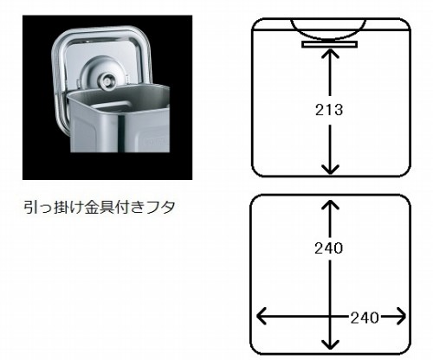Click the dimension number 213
pos(329,110)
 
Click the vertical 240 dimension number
pos(329,248)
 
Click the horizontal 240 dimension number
pos(365,318)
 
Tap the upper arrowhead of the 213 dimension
pos(330,54)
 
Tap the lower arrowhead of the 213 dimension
pos(330,169)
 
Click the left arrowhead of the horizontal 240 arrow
pos(262,316)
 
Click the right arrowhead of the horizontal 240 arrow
pos(401,316)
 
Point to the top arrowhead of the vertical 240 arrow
pos(330,204)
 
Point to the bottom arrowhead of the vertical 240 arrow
pos(330,344)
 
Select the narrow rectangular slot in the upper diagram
pos(330,44)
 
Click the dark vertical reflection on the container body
pos(122,133)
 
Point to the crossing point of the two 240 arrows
pos(330,316)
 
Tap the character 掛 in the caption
pos(61,207)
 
